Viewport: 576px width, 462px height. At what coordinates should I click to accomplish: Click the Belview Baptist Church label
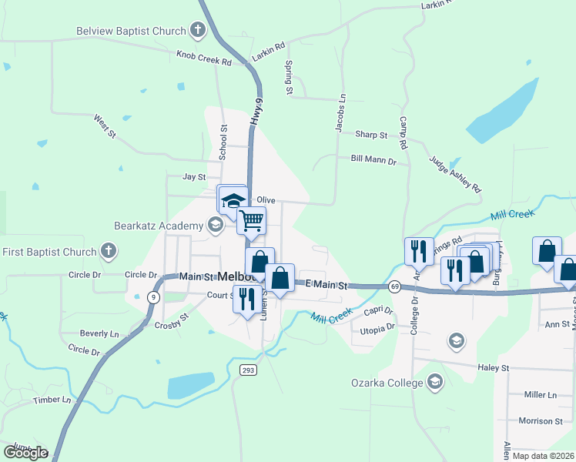[131, 32]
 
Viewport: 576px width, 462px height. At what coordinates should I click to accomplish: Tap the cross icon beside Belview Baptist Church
[198, 32]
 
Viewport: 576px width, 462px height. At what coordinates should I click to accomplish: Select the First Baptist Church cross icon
[109, 251]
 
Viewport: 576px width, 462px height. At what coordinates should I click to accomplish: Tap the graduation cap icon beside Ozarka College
[435, 382]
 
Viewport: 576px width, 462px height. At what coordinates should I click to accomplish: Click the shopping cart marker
[251, 220]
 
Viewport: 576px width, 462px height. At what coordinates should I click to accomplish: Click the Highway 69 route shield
[394, 286]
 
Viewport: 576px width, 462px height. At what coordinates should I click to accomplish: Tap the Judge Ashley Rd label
[455, 176]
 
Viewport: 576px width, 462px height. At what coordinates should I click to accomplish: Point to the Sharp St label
[371, 135]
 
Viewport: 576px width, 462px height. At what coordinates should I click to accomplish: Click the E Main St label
[327, 286]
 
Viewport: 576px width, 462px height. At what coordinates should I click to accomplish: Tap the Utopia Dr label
[377, 326]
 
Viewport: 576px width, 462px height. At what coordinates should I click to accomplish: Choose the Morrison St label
[541, 421]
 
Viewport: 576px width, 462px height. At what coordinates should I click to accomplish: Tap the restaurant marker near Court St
[246, 297]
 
